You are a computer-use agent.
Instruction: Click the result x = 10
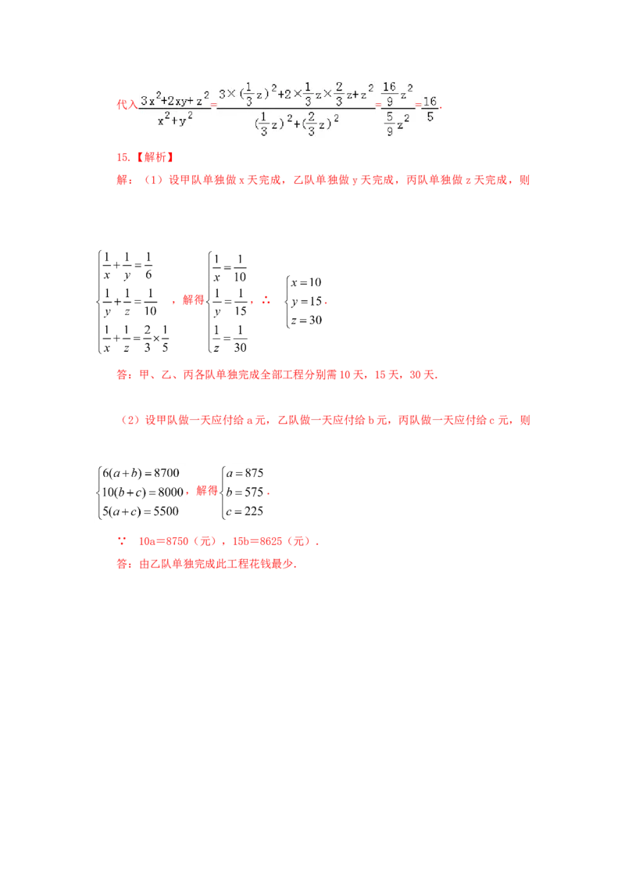306,282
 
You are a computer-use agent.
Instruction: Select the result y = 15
306,302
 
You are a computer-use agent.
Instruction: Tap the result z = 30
306,320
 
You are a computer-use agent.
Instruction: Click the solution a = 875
245,473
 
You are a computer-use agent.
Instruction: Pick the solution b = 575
245,493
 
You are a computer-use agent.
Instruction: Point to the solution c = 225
245,511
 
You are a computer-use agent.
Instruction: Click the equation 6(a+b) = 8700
141,473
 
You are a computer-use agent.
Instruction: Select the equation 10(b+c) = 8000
143,493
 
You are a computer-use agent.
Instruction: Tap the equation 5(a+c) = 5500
141,511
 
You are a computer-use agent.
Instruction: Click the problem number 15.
123,157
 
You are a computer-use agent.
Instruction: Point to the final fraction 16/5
430,109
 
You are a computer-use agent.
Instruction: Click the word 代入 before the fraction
127,105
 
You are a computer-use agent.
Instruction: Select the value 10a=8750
163,541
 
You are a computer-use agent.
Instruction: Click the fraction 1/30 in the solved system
241,339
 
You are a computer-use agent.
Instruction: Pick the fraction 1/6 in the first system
148,266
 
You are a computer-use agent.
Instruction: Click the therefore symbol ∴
266,301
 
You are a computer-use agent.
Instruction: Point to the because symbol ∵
122,541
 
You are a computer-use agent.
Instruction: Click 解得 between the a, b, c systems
206,490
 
